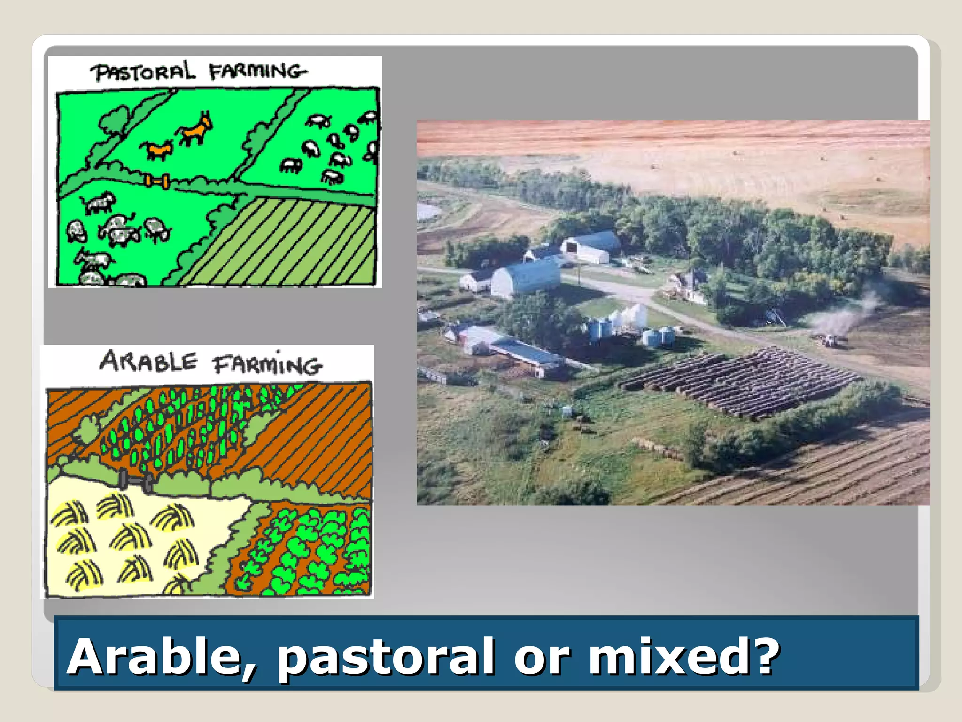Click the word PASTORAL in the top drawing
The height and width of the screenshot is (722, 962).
coord(142,72)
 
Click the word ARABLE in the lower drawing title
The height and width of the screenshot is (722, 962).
coord(148,362)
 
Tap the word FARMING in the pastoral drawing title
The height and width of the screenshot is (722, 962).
coord(257,71)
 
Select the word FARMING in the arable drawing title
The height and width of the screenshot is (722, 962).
coord(267,365)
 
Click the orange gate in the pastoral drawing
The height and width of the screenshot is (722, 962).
coord(156,180)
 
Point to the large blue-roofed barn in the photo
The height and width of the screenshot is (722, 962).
coord(526,278)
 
